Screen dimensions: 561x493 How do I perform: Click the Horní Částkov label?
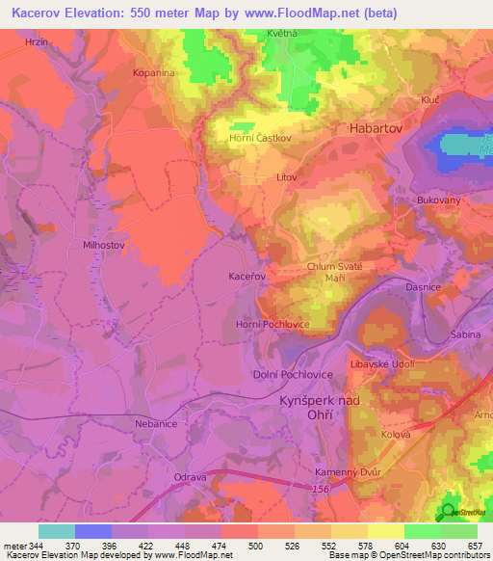(261, 138)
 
